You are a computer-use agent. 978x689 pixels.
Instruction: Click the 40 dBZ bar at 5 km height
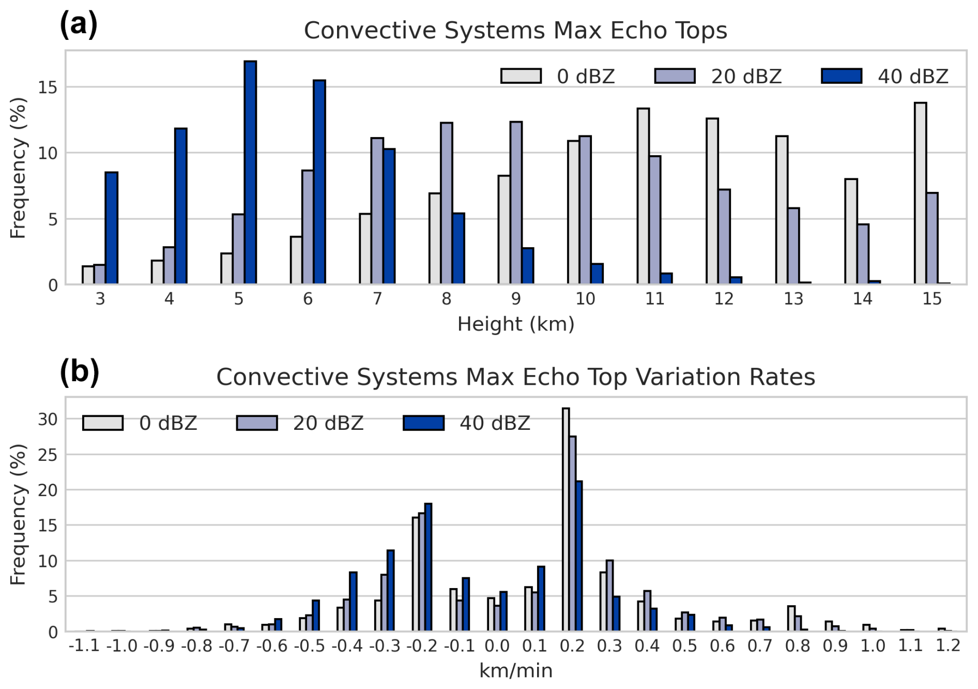tap(250, 172)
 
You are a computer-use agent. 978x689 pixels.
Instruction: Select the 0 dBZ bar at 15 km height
tap(920, 193)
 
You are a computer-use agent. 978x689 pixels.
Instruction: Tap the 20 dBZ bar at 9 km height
tap(516, 203)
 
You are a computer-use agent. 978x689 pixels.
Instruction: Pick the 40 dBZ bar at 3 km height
tap(112, 228)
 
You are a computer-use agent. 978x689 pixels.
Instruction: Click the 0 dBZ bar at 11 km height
tap(643, 196)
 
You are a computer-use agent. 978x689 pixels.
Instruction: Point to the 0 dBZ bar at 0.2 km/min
tap(566, 519)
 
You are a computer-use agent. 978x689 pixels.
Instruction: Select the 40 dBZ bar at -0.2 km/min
tap(428, 567)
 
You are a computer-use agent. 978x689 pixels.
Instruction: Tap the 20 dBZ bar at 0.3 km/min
tap(609, 595)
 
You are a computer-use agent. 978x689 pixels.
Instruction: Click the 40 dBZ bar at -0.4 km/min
tap(353, 601)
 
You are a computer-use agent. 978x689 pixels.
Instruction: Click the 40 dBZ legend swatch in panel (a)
tap(842, 76)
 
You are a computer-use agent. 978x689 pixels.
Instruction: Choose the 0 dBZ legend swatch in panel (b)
tap(103, 423)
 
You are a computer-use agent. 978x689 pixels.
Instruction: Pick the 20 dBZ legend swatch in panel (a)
tap(675, 76)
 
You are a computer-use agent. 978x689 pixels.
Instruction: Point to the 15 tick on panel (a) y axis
tap(48, 87)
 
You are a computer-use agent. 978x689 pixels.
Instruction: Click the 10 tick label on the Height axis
tap(585, 299)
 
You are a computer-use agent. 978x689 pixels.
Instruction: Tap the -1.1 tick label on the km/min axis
tap(84, 646)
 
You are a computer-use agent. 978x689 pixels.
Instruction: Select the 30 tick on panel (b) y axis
tap(48, 419)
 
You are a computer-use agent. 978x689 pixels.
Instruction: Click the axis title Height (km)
tap(515, 324)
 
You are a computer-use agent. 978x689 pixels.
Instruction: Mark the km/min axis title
tap(515, 671)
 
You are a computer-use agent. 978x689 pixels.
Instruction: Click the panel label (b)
tap(79, 372)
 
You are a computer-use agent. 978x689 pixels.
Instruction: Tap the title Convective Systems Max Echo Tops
tap(515, 30)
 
